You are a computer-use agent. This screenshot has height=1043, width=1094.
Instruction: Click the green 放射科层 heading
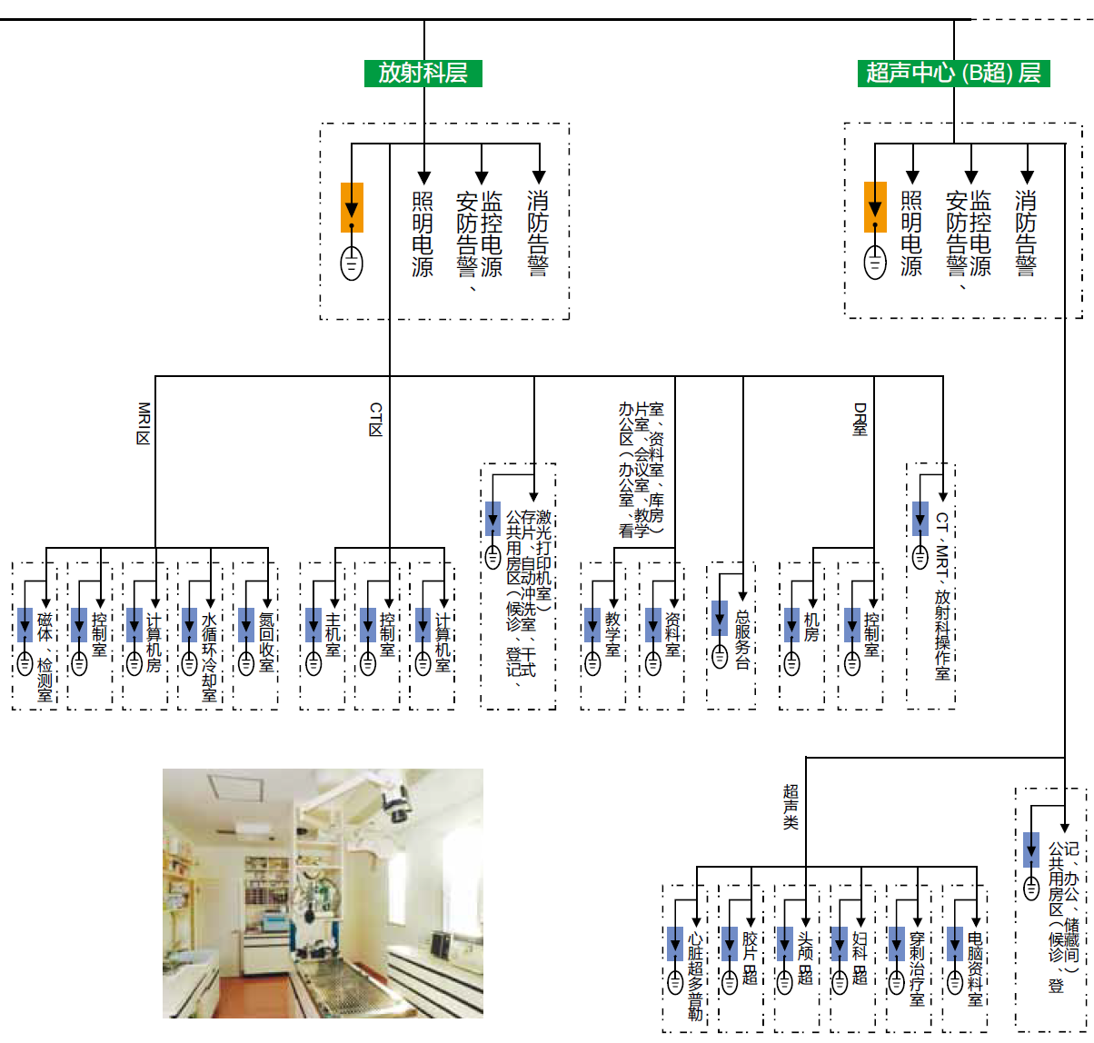pos(423,74)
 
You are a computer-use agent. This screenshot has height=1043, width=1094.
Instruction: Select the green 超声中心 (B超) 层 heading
pos(953,74)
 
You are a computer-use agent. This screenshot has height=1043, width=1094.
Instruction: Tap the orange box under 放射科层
pos(352,207)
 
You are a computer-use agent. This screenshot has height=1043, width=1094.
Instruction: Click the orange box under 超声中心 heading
pos(875,207)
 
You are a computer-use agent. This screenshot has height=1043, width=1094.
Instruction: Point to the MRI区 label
pos(143,423)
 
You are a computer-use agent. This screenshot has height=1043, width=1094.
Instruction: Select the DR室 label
pos(860,419)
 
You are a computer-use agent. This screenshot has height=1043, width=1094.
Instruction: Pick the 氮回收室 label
pos(266,641)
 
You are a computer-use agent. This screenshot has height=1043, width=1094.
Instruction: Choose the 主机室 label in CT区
pos(333,636)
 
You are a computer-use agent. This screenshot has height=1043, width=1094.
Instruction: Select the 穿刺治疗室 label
pos(918,967)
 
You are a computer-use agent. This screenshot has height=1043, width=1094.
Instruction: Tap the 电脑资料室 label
pos(975,968)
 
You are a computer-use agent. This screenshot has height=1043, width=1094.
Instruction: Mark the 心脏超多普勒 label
pos(695,975)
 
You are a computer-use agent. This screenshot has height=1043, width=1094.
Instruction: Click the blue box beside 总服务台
pos(720,618)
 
